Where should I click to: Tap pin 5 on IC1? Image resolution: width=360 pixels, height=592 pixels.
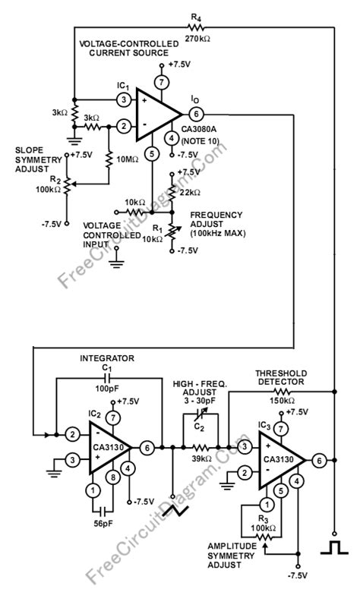152,154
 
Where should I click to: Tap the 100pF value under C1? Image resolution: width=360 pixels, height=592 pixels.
106,388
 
